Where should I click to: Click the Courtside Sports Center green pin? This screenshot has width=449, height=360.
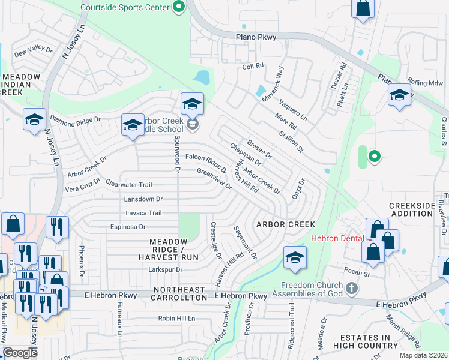[x=178, y=8]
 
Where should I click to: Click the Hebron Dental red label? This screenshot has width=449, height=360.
[x=337, y=238]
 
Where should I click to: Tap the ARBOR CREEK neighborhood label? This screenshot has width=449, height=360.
[x=286, y=224]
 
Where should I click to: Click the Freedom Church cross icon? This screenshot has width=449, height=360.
[x=352, y=289]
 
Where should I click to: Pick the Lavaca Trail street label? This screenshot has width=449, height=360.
[x=144, y=212]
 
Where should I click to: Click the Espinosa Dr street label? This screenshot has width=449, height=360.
[x=127, y=227]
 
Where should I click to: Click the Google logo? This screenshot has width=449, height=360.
[x=20, y=353]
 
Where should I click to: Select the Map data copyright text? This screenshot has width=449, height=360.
[x=423, y=355]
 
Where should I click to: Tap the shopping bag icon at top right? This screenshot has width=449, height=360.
[x=363, y=9]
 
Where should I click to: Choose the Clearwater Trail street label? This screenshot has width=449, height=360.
[x=128, y=184]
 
